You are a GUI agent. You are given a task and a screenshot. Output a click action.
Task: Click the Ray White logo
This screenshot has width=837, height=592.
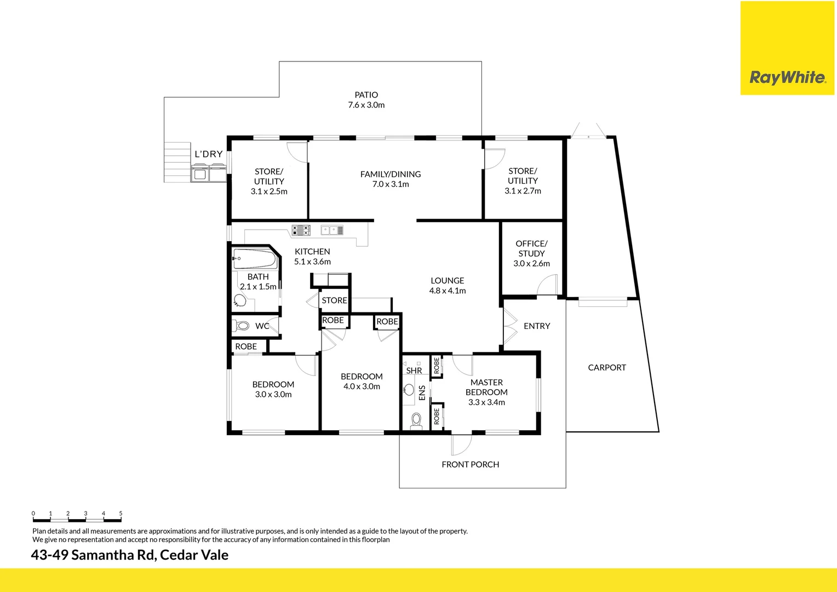pyautogui.click(x=787, y=77)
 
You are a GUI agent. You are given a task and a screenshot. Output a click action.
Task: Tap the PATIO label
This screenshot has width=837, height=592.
pyautogui.click(x=366, y=95)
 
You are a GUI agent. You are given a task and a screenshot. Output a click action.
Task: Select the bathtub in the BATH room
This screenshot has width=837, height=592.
pyautogui.click(x=254, y=259)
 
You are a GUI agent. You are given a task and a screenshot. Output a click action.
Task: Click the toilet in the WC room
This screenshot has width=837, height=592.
pyautogui.click(x=242, y=326)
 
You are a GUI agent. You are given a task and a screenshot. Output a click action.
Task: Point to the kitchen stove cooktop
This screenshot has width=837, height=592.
pyautogui.click(x=301, y=230)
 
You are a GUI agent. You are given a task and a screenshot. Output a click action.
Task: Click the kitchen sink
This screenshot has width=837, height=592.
pyautogui.click(x=332, y=230)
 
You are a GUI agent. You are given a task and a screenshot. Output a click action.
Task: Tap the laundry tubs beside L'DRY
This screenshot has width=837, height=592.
pyautogui.click(x=209, y=174)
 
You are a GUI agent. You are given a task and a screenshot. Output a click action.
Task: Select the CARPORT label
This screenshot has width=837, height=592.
pyautogui.click(x=606, y=367)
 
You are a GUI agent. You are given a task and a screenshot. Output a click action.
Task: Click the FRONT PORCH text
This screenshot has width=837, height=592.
pyautogui.click(x=470, y=464)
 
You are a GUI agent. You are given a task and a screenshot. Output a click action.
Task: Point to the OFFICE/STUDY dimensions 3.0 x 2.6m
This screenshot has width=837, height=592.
pyautogui.click(x=531, y=264)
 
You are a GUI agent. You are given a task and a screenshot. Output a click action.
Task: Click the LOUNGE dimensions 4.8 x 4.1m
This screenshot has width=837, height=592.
pyautogui.click(x=448, y=291)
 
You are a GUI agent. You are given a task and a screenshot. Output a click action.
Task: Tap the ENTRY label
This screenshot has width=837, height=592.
pyautogui.click(x=536, y=326)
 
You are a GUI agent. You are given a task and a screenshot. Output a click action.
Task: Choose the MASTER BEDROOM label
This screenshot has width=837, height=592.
pyautogui.click(x=486, y=387)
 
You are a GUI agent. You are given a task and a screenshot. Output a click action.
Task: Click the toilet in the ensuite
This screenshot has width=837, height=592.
pyautogui.click(x=416, y=420)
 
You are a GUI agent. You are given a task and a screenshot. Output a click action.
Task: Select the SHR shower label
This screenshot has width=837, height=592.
pyautogui.click(x=414, y=371)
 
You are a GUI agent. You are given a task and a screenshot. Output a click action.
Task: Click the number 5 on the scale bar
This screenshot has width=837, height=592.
pyautogui.click(x=121, y=514)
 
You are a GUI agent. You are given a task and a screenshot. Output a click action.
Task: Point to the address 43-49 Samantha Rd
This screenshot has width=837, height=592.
pyautogui.click(x=93, y=555)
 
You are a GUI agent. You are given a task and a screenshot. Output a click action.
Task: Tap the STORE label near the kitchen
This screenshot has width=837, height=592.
pyautogui.click(x=334, y=300)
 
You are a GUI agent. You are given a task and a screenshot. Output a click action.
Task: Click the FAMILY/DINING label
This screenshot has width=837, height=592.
pyautogui.click(x=391, y=174)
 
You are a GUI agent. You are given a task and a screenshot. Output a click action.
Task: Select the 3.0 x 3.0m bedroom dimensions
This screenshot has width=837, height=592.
pyautogui.click(x=273, y=395)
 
